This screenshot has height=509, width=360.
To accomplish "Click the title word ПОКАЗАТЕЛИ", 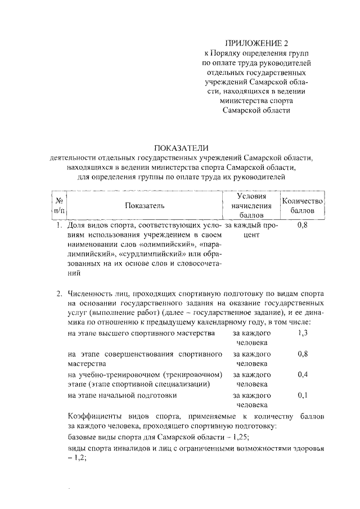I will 179,148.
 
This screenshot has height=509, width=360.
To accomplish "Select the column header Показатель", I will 145,205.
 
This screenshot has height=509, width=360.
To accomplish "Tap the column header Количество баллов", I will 303,205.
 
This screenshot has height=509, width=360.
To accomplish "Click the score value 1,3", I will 302,334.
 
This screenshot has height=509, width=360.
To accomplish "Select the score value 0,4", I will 302,375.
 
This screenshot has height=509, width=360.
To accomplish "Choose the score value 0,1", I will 302,395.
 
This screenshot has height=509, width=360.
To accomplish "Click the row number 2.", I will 58,294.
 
